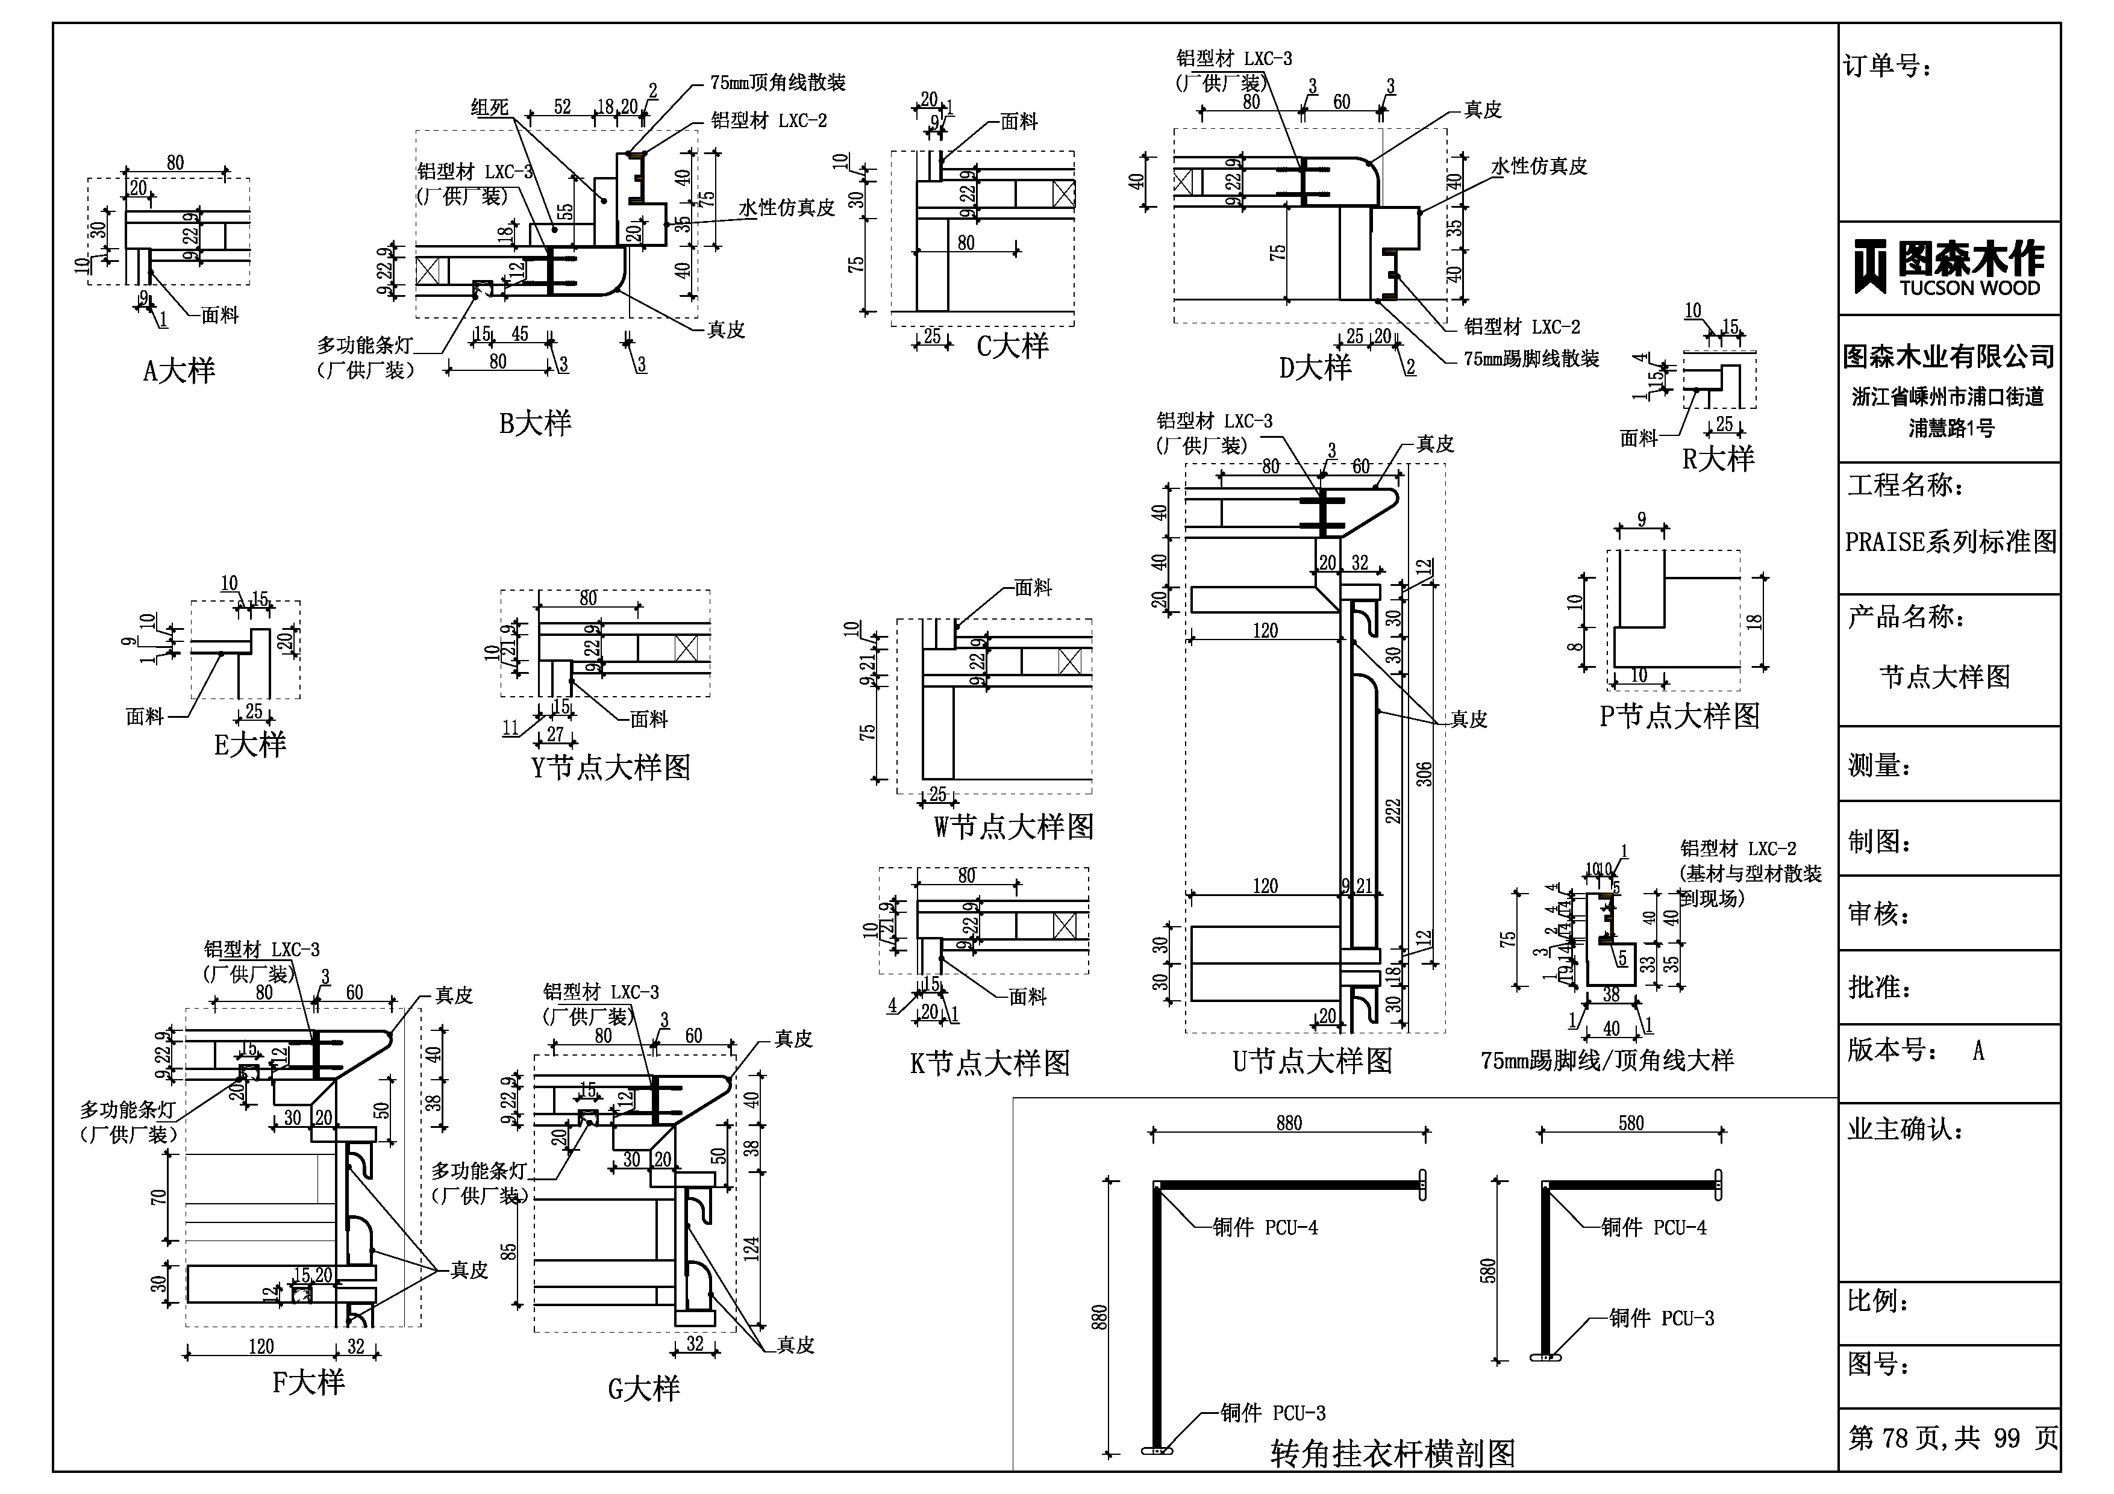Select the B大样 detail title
535,423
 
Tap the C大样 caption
1012,346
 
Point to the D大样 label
1315,368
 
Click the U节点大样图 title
1312,1062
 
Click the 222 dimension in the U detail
1393,810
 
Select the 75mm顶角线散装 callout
777,83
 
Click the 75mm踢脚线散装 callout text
1531,359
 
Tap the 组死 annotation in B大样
489,108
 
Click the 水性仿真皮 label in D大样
1539,167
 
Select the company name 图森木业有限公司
1948,356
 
